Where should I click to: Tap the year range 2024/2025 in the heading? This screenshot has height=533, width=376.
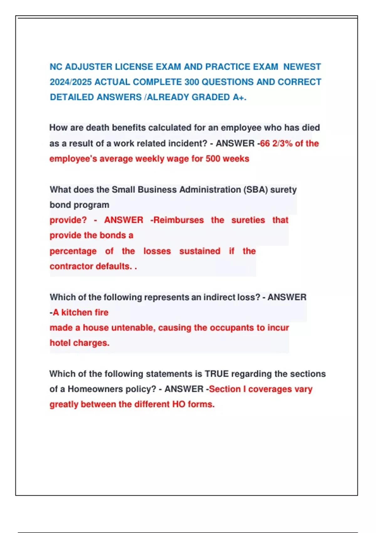click(x=70, y=82)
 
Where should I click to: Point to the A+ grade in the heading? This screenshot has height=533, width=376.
click(x=239, y=97)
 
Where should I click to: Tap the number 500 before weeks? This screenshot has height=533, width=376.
click(x=213, y=159)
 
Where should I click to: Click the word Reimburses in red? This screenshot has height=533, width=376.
click(x=179, y=220)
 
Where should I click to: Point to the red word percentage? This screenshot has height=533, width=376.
click(x=73, y=251)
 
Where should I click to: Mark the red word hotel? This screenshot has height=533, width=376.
click(x=60, y=343)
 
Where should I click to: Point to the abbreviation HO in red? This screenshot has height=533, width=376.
click(x=179, y=404)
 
